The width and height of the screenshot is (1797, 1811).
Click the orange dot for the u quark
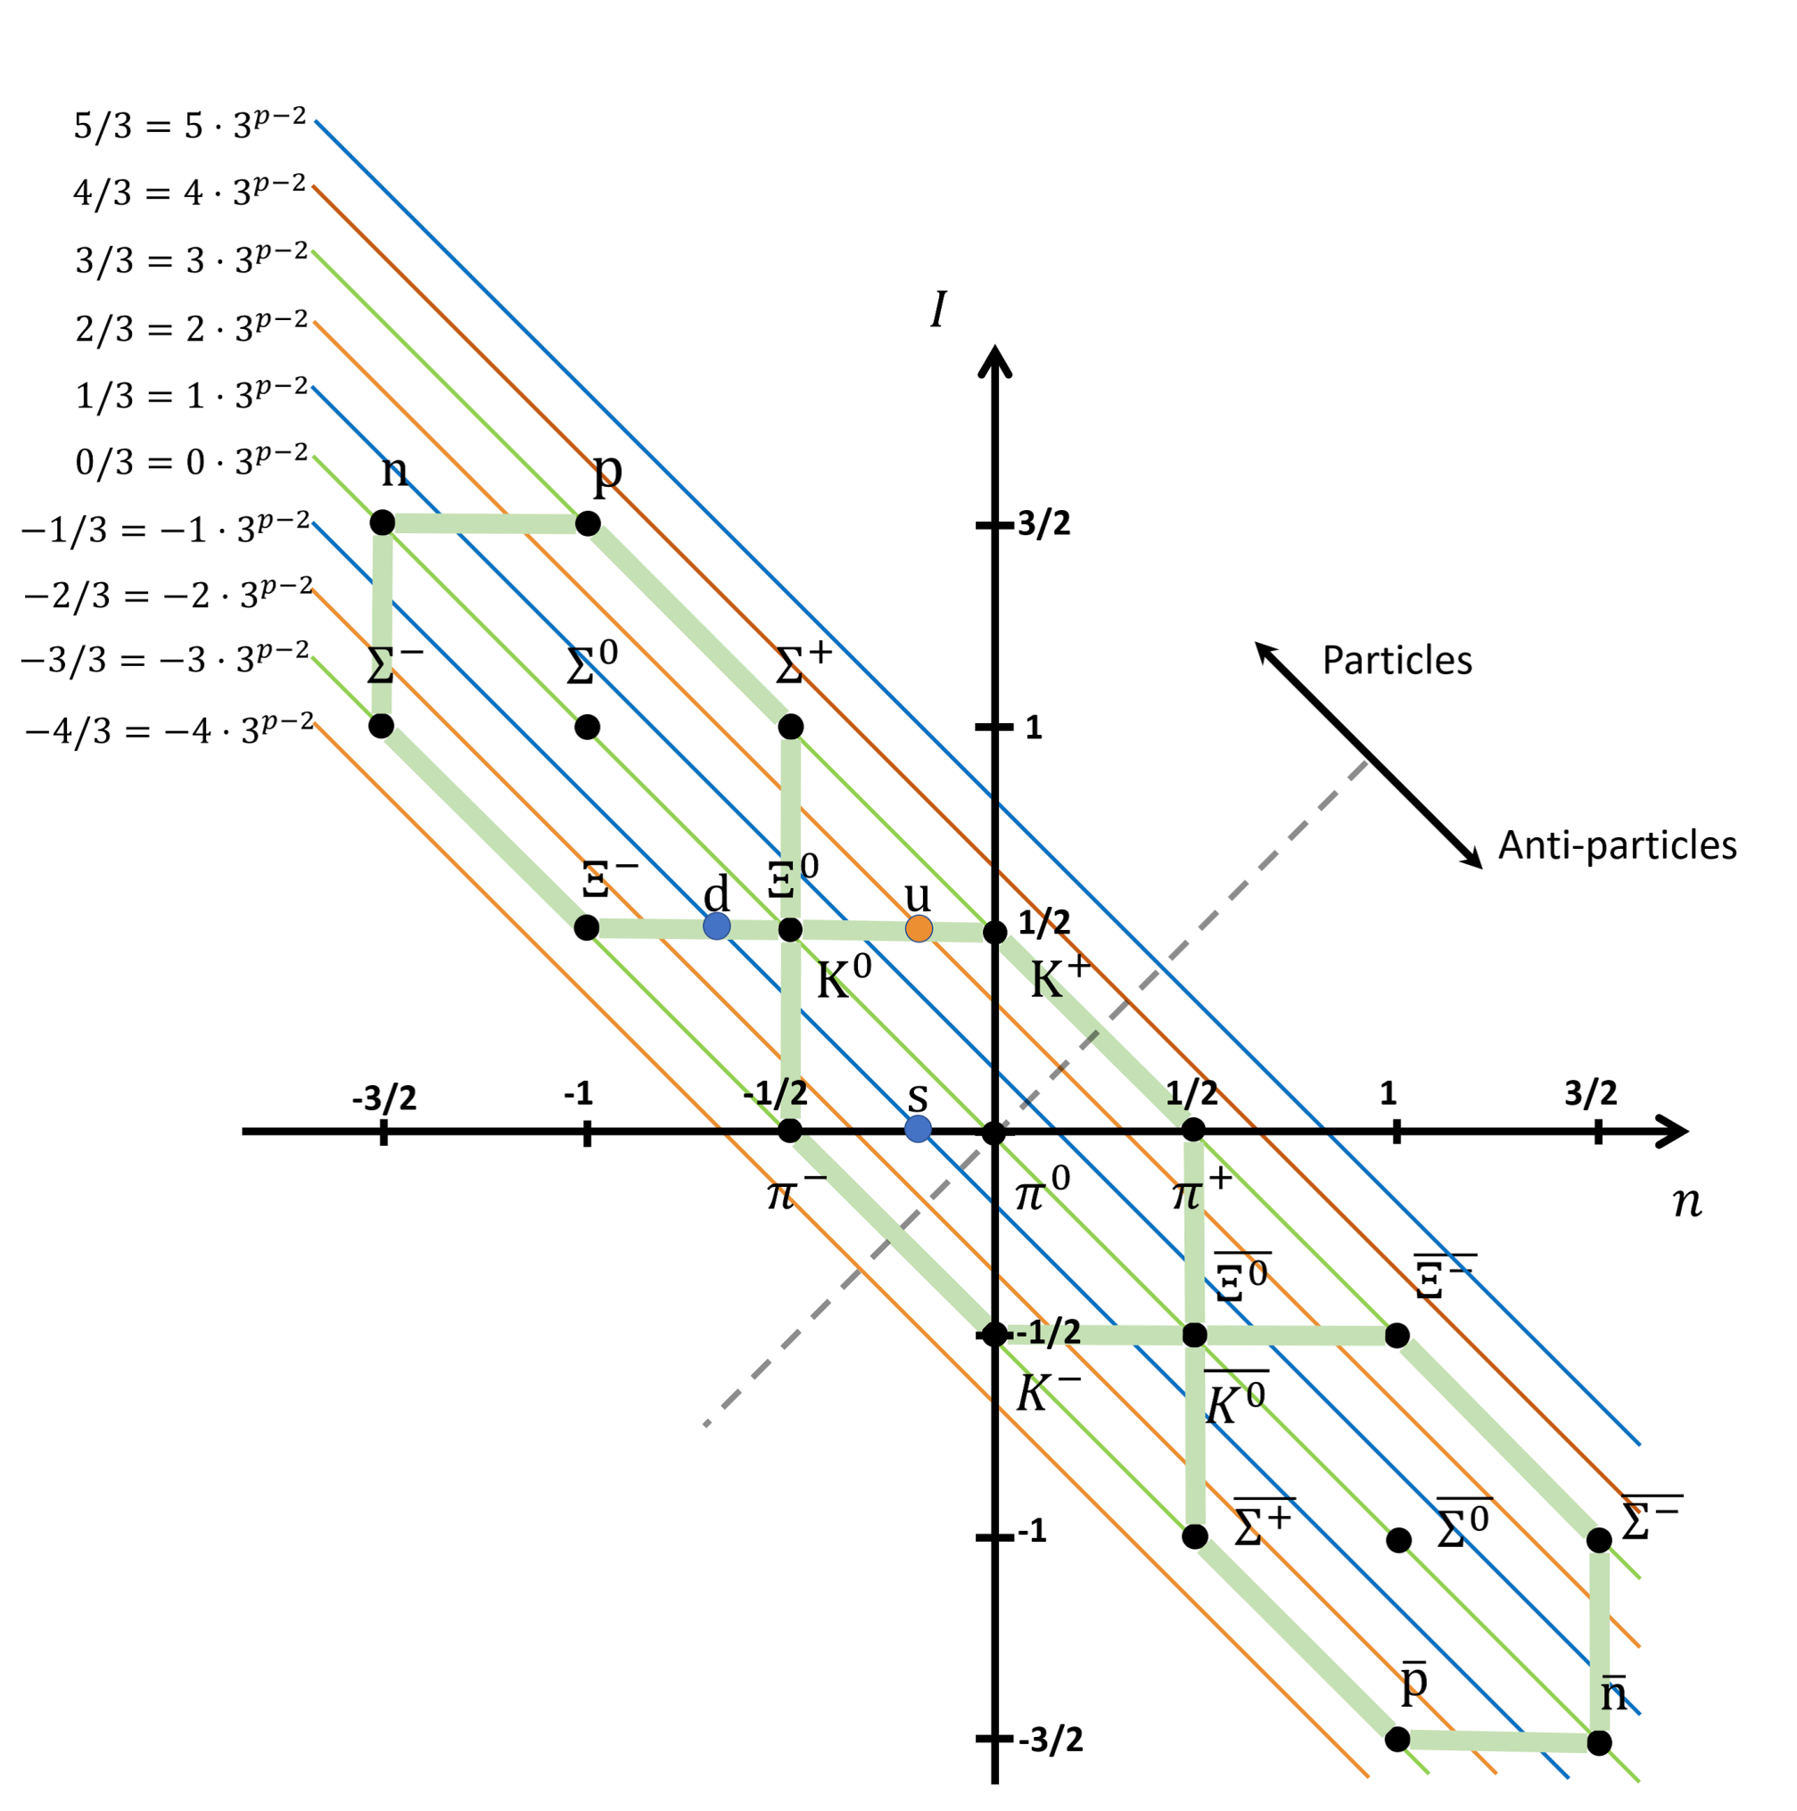919,929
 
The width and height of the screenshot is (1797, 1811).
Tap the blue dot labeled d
716,926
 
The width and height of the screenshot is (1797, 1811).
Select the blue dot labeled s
918,1129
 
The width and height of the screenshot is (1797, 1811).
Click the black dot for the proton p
588,523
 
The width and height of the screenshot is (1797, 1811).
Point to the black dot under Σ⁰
587,727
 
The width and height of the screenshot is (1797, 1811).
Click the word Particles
1397,661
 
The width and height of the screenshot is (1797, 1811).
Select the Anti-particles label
1617,845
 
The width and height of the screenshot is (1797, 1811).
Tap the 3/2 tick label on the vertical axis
1044,523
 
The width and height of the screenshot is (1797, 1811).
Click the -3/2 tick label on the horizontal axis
384,1097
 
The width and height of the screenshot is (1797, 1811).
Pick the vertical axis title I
937,309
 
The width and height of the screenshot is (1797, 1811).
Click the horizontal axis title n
1687,1203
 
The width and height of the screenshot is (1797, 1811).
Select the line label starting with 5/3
190,124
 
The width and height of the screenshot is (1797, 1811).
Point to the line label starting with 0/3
191,460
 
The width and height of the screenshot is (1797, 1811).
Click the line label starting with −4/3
169,729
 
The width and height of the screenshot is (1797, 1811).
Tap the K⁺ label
1060,978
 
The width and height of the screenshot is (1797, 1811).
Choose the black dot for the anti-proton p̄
1397,1739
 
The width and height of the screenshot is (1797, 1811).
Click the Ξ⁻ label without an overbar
610,877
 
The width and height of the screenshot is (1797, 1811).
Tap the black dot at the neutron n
383,523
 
